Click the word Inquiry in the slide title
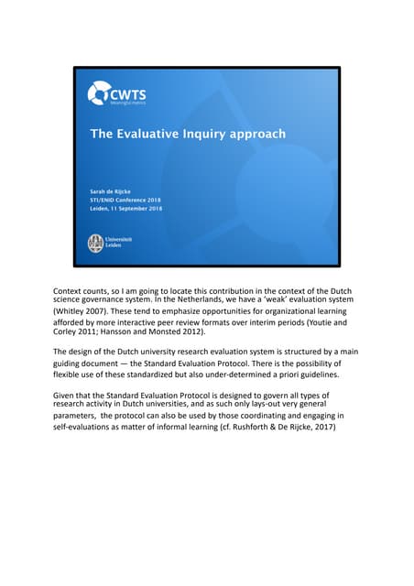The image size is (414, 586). pos(191,134)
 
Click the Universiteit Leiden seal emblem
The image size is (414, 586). pos(96,243)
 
